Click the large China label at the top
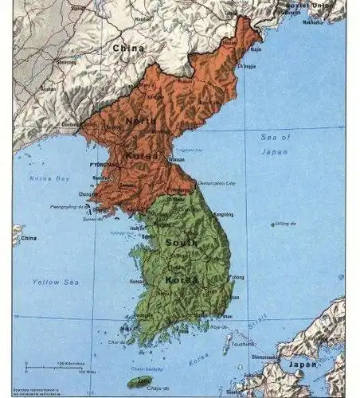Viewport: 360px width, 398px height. (128, 49)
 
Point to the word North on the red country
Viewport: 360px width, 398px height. (140, 122)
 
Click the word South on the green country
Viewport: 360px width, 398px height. (182, 241)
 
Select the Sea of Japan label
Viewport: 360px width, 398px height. (276, 144)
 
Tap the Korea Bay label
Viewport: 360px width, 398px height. (51, 178)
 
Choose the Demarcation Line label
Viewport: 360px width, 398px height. (217, 183)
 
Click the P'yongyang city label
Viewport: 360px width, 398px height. (104, 164)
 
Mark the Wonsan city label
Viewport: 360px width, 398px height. (177, 159)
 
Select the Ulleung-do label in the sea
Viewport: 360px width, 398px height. (284, 224)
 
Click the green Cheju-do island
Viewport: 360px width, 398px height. (140, 383)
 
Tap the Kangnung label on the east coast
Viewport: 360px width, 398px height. (224, 214)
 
